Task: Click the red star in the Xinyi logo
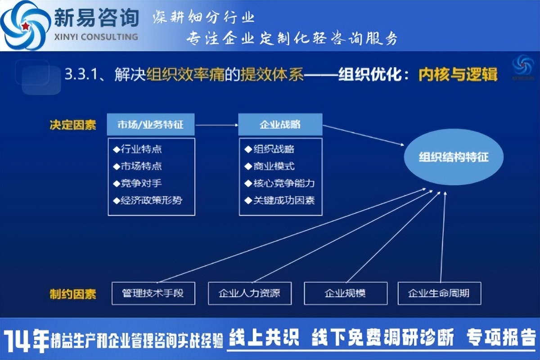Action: (x=25, y=26)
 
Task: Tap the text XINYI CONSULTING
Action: (x=96, y=37)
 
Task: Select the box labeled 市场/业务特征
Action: (x=151, y=124)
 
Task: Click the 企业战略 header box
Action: (x=280, y=124)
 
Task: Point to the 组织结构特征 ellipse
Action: (x=454, y=157)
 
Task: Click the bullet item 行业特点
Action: (x=137, y=149)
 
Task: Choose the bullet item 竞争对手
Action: (x=137, y=183)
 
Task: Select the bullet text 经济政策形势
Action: (x=148, y=200)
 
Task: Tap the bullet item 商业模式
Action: (x=270, y=166)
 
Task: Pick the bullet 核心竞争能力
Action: (x=279, y=183)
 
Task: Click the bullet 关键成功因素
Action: (x=279, y=200)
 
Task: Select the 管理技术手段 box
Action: (x=153, y=293)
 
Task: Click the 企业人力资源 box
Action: (x=250, y=293)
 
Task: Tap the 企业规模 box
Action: (x=346, y=293)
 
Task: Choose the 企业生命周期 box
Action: (x=439, y=293)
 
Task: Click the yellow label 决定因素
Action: (x=73, y=125)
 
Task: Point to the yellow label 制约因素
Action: (x=73, y=294)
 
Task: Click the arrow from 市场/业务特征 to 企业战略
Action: (x=216, y=125)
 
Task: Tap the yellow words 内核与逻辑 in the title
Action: (x=458, y=75)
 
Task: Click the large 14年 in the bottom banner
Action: (x=26, y=340)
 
